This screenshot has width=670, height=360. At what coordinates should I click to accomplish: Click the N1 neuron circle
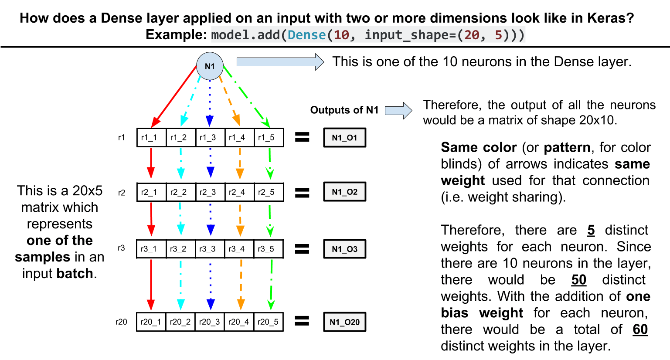(210, 66)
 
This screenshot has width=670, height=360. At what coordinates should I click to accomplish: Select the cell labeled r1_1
(151, 137)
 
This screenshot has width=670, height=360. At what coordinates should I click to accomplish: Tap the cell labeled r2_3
(210, 192)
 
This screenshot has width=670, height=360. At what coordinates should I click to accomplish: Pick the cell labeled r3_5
(268, 249)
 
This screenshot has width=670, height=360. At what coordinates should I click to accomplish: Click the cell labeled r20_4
(238, 322)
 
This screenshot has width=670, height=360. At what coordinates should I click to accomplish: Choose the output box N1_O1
(344, 137)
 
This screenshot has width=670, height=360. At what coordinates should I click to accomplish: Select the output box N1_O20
(344, 322)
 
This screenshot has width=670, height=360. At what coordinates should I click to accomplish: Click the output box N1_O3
(344, 249)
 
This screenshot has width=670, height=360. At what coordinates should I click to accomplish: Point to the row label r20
(121, 322)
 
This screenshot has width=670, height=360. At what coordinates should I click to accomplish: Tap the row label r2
(122, 192)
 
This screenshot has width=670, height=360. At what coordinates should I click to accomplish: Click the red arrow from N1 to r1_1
(174, 96)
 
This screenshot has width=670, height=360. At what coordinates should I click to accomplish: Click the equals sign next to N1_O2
(302, 192)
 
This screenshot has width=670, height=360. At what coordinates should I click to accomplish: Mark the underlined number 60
(640, 329)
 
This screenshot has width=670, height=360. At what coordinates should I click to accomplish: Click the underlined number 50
(579, 280)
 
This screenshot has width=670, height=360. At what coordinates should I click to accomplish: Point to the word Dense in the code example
(306, 35)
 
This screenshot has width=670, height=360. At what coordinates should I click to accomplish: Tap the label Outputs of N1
(344, 110)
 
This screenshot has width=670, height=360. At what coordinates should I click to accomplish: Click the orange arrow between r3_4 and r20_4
(241, 283)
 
